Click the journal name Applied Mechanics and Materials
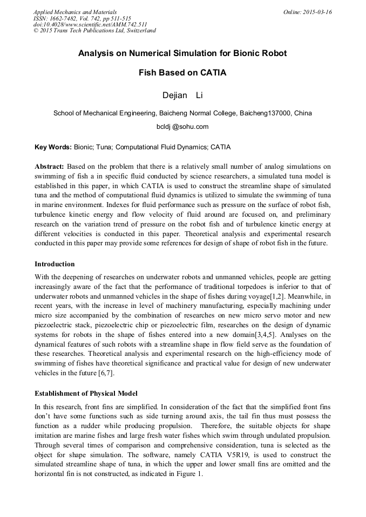click(x=74, y=12)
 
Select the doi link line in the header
click(x=90, y=24)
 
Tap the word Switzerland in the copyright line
click(x=140, y=31)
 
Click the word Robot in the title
click(x=269, y=54)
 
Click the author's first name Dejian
click(x=174, y=95)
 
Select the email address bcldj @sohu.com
click(x=182, y=127)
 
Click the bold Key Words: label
click(x=53, y=147)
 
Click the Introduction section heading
click(x=55, y=264)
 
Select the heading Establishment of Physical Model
click(x=86, y=393)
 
